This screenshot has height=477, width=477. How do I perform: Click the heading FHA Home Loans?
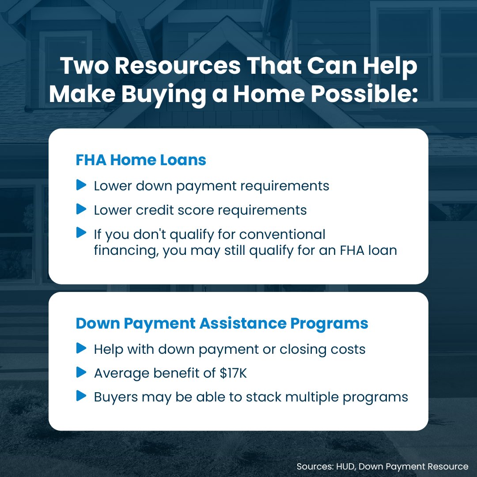141,160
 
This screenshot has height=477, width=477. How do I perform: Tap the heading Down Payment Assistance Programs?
222,323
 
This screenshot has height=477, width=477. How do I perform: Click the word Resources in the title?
176,67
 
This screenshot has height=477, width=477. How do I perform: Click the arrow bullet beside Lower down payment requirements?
81,185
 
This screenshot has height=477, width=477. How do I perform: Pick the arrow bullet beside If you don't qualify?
81,232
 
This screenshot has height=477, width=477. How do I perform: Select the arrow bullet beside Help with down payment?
81,348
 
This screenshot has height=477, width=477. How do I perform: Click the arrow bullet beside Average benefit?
81,372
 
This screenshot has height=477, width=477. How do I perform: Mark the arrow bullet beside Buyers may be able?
81,396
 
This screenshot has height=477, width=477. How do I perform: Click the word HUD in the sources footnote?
339,466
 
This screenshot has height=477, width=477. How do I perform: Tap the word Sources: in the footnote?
313,466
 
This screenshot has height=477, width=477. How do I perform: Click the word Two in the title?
84,67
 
